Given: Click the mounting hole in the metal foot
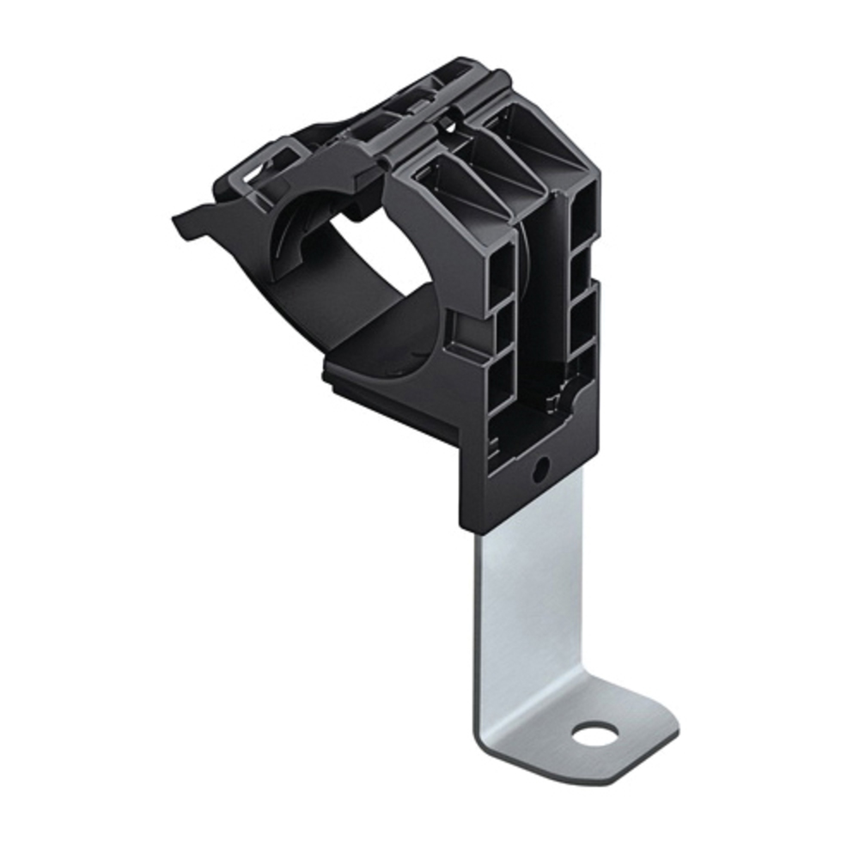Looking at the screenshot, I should tap(595, 734).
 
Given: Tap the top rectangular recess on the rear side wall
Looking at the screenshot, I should tap(587, 206).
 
